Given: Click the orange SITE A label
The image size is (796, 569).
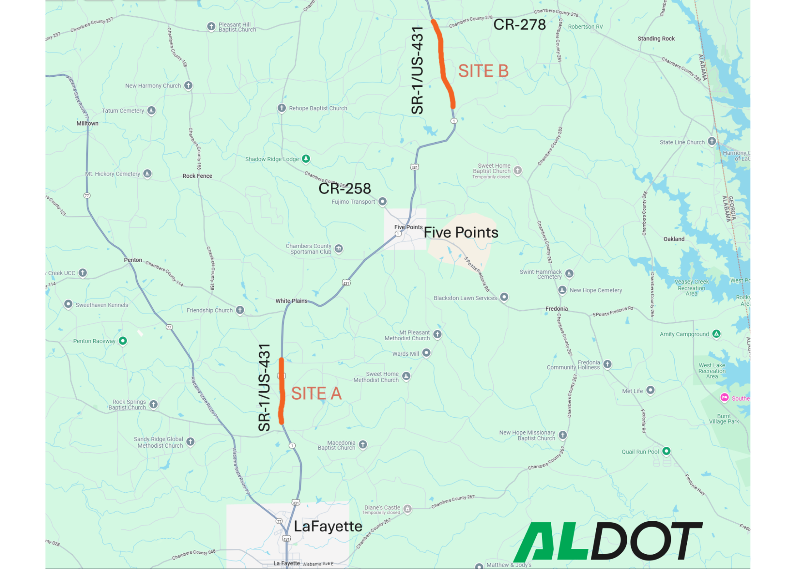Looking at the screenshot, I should click(x=316, y=394).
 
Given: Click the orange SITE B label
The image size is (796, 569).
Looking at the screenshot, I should click(x=483, y=71).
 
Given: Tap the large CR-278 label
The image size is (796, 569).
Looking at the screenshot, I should click(x=519, y=25).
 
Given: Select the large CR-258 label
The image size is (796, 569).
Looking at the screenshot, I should click(x=344, y=189).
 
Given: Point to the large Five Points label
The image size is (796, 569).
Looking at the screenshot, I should click(x=461, y=233).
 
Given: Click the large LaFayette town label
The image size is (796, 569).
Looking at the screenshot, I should click(x=328, y=527).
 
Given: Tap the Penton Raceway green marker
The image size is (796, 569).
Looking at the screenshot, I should click(x=123, y=341).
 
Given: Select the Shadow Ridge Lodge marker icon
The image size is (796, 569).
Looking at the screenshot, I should click(x=306, y=159).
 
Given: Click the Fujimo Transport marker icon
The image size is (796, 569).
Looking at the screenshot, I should click(x=382, y=201).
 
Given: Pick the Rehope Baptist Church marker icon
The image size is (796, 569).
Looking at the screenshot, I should click(x=282, y=108).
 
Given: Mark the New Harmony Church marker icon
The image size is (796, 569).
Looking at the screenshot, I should click(x=188, y=86).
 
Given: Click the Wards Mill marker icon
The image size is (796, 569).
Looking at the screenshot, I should click(x=426, y=353).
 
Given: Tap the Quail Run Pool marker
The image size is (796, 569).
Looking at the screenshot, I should click(x=666, y=451).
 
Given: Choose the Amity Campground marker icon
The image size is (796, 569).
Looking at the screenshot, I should click(x=716, y=334).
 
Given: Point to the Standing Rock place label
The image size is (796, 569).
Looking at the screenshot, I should click(x=656, y=39).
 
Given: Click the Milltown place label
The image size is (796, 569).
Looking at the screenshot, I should click(x=87, y=123).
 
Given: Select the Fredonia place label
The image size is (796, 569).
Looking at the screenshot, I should click(x=556, y=309).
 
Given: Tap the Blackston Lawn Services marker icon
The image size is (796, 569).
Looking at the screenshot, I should click(x=504, y=298).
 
